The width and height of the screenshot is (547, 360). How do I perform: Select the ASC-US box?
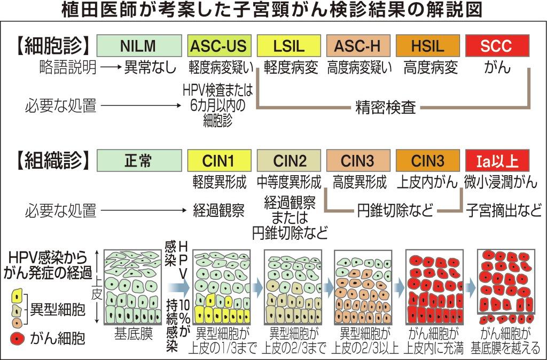pos(218,46)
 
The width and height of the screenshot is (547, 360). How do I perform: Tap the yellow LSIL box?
pos(287,46)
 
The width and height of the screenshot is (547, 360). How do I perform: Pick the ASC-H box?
pos(357,46)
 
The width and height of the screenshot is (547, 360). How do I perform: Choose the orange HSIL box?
pos(427,46)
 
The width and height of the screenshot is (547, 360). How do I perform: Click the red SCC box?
pos(496,46)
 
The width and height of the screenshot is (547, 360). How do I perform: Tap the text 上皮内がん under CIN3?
pos(427,183)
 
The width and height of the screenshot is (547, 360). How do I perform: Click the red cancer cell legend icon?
pos(17,338)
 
